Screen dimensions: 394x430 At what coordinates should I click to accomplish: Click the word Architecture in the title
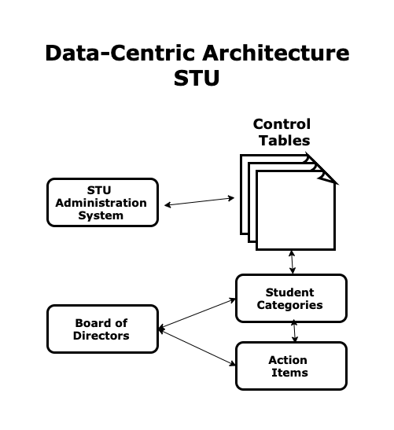click(276, 53)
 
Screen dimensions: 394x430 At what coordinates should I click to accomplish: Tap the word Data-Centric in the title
click(120, 53)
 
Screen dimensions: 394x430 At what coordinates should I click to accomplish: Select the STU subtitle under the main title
click(197, 78)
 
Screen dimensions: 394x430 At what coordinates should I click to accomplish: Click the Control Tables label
click(282, 132)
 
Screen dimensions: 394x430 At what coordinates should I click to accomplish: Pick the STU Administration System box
click(102, 202)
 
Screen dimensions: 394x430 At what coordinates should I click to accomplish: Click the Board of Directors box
click(102, 329)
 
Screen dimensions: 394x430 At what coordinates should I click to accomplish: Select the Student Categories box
click(292, 298)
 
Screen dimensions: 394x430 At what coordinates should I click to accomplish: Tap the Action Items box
click(292, 366)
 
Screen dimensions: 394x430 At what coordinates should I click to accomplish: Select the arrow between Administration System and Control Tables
click(200, 201)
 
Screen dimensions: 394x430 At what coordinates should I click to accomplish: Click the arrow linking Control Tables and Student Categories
click(293, 263)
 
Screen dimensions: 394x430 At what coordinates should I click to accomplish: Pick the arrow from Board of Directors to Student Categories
click(197, 313)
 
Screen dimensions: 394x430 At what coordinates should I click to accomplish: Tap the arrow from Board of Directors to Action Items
click(197, 347)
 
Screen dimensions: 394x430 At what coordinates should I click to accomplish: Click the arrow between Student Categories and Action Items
click(294, 331)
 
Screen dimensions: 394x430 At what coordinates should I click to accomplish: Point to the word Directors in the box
click(101, 336)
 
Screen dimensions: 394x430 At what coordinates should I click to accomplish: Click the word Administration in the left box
click(101, 203)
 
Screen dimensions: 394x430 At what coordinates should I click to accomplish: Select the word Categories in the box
click(289, 305)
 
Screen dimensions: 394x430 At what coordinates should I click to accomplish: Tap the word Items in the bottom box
click(289, 373)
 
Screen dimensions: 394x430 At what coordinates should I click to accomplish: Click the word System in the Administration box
click(101, 215)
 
